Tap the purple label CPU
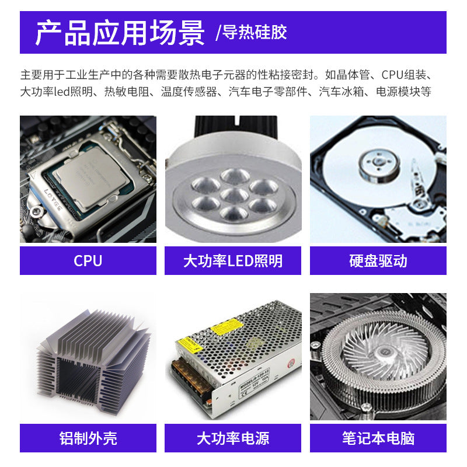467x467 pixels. point(88,260)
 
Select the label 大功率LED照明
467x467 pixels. point(233,260)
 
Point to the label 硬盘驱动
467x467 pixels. point(378,260)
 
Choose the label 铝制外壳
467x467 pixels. point(88,438)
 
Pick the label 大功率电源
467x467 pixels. point(233,438)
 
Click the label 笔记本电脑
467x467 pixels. point(378,438)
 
